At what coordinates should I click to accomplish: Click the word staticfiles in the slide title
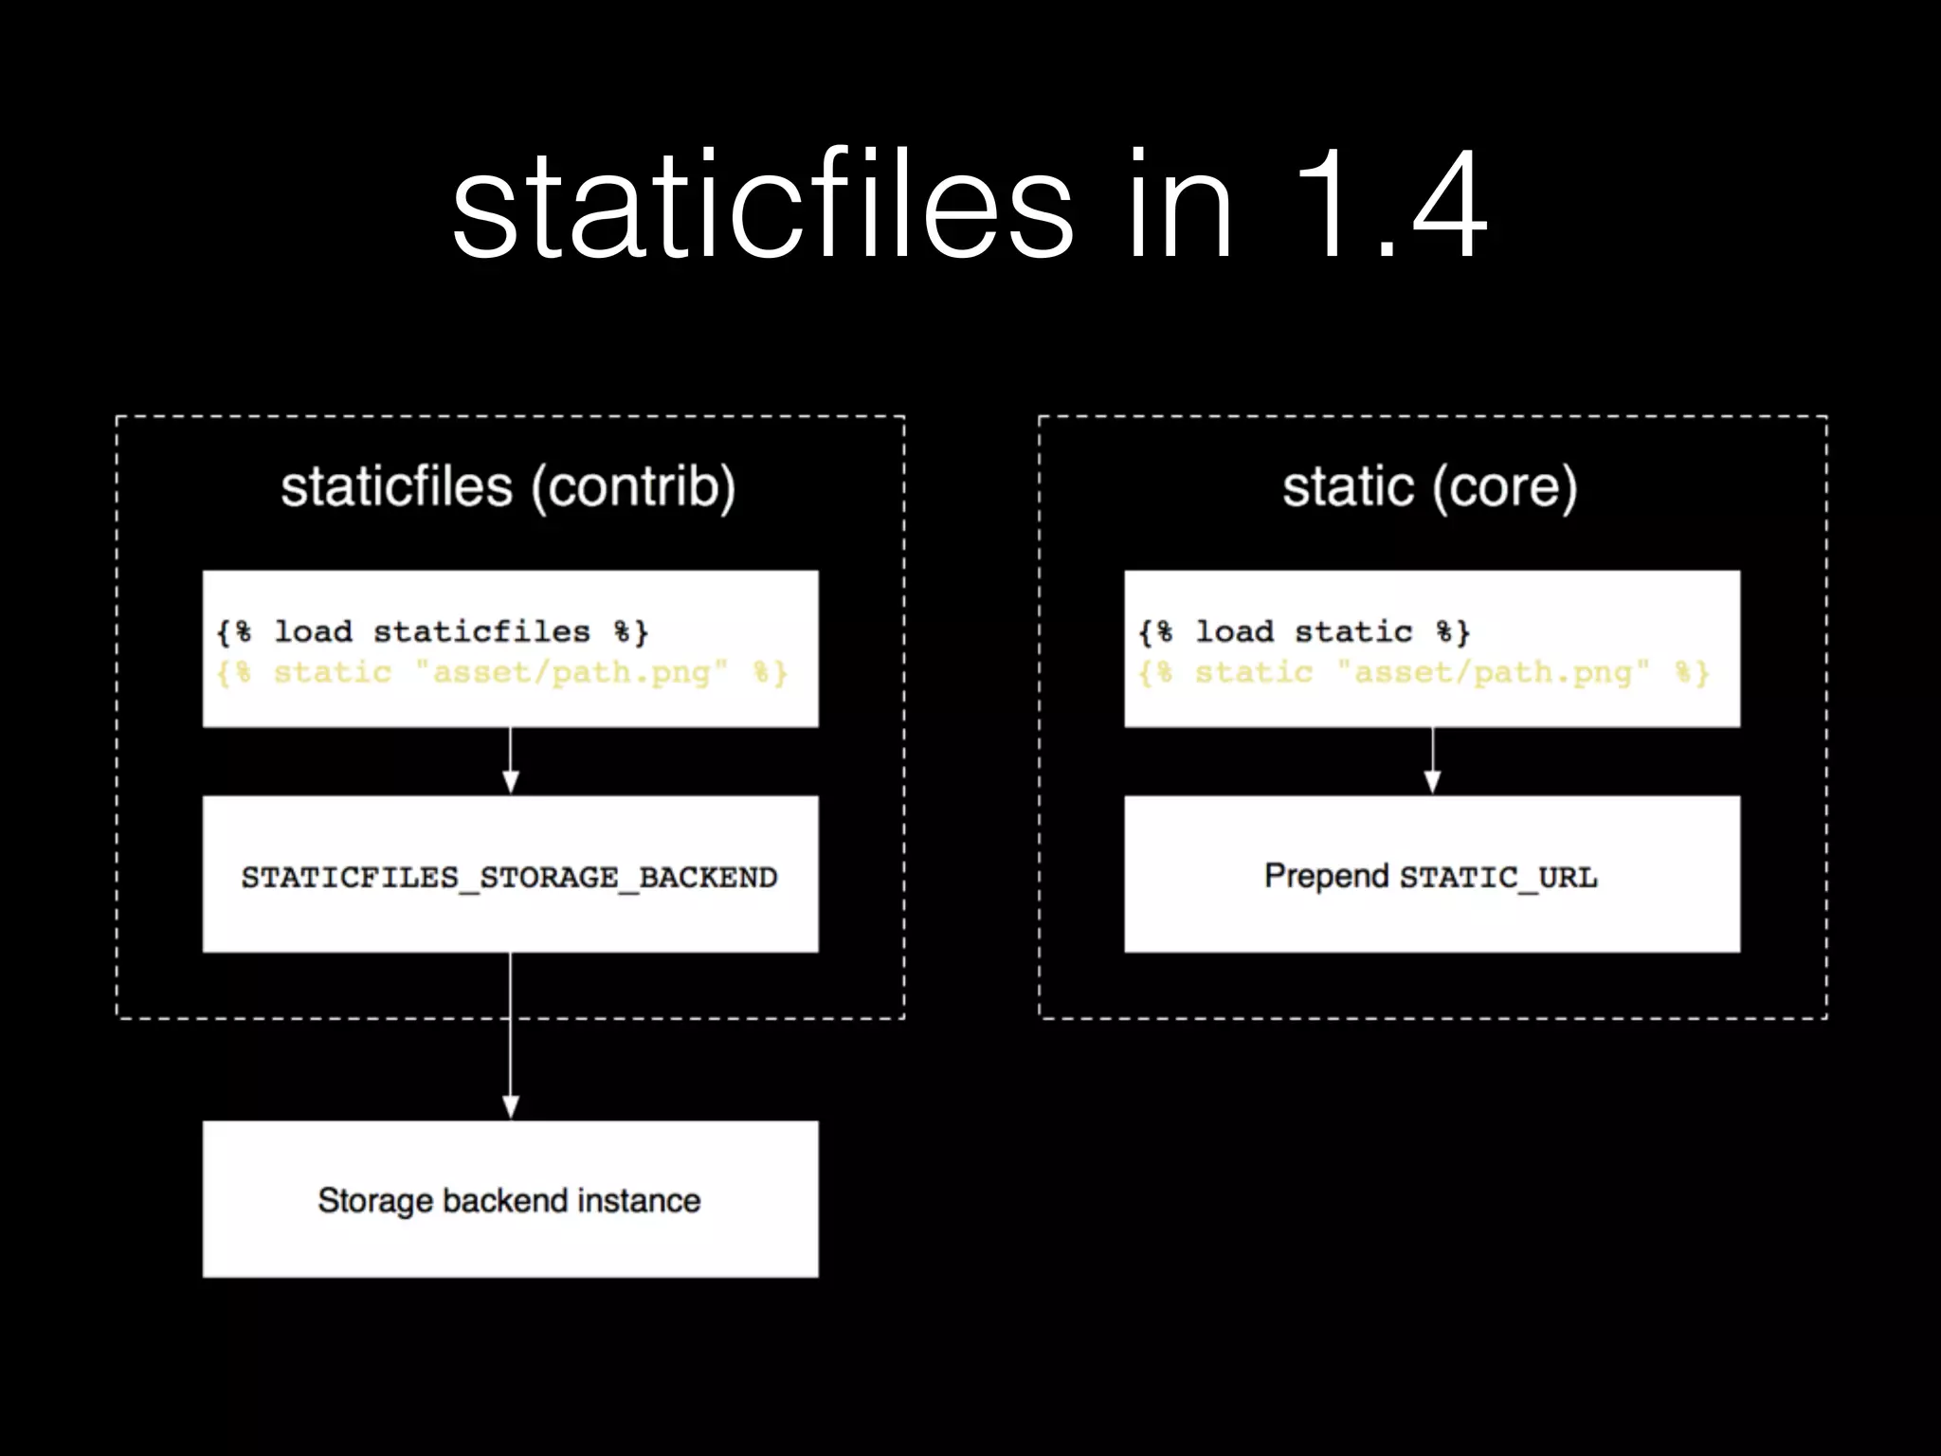click(x=762, y=207)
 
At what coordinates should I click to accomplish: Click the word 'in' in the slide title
click(x=1180, y=207)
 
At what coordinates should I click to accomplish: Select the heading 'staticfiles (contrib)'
click(x=508, y=487)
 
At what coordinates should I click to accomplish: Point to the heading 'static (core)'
click(x=1430, y=487)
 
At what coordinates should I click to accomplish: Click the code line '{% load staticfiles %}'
click(x=432, y=631)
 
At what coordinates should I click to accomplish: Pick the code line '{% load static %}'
click(x=1304, y=631)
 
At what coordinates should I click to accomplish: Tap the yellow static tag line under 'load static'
click(x=1424, y=673)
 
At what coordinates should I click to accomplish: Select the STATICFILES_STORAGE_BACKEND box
click(x=510, y=874)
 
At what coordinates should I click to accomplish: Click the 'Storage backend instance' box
click(x=510, y=1199)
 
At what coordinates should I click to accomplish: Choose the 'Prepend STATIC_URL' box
click(x=1431, y=874)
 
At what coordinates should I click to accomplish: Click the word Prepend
click(x=1326, y=876)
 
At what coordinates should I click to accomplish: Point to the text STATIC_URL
click(x=1498, y=878)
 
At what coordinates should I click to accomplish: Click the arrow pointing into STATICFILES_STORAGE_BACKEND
click(x=510, y=762)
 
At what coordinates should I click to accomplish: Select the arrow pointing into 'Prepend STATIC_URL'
click(x=1432, y=762)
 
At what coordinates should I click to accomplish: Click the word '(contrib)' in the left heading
click(x=633, y=487)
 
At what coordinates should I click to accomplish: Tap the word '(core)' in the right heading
click(x=1504, y=487)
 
